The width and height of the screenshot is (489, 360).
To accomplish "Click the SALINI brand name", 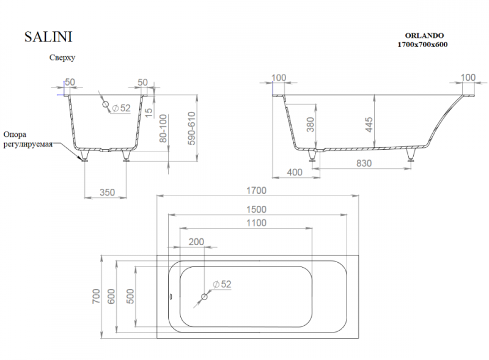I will tap(48, 37).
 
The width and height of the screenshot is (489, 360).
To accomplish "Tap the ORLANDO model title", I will tap(423, 35).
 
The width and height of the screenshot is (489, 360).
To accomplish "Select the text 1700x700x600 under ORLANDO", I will tap(423, 45).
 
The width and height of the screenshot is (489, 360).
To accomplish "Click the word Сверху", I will tap(62, 58).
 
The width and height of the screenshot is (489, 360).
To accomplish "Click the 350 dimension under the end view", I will tap(106, 192).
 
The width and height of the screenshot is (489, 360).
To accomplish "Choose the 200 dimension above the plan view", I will tap(196, 241).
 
